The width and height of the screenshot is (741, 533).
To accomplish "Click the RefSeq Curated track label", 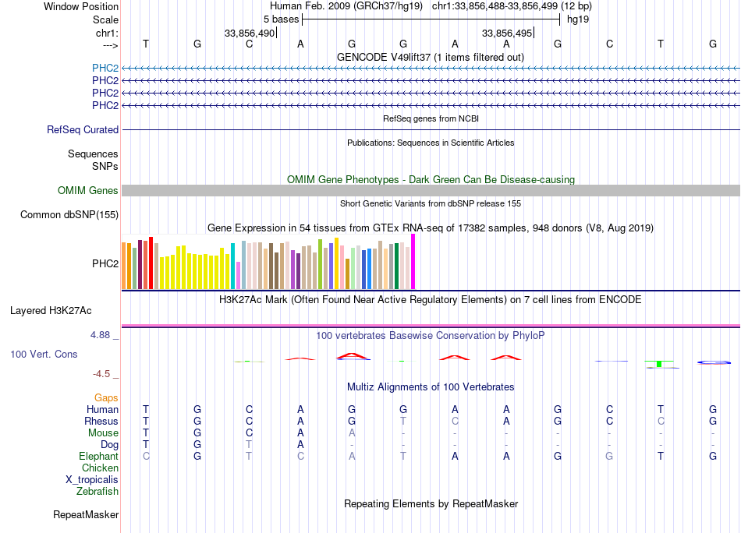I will click(x=83, y=130).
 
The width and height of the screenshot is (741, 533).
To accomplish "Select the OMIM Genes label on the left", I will click(x=88, y=191).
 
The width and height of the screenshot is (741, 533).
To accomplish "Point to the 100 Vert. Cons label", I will click(x=44, y=355).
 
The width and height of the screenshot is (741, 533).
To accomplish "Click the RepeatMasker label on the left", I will click(x=86, y=515).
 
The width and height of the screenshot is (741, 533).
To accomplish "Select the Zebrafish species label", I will click(x=97, y=492).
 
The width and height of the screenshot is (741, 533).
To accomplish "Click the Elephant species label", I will click(x=98, y=457).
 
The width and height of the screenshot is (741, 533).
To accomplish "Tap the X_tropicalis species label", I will click(x=92, y=480).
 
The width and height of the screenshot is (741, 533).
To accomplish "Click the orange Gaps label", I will click(x=106, y=398).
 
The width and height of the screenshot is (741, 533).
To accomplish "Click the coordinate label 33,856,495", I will click(x=507, y=34).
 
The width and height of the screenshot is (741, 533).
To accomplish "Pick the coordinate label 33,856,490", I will click(x=250, y=34).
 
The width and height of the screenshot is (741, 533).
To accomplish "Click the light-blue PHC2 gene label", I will click(x=105, y=68).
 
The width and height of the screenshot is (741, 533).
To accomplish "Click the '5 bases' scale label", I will click(x=281, y=19).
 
